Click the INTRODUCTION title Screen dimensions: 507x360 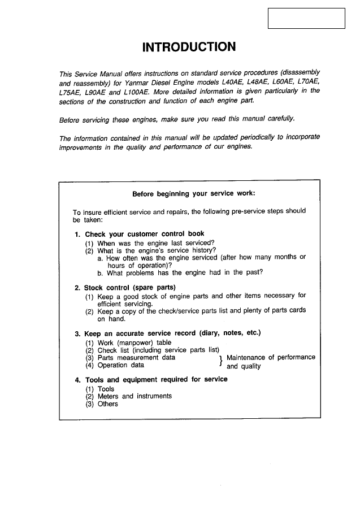189,46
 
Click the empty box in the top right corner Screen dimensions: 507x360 306,18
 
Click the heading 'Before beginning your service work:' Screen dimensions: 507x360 194,193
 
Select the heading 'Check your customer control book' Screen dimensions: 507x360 145,234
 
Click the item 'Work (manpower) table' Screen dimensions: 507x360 135,343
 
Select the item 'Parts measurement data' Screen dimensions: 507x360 136,358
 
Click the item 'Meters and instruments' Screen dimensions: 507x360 135,396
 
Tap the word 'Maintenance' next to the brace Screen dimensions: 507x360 246,358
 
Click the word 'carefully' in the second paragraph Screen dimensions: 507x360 288,119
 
